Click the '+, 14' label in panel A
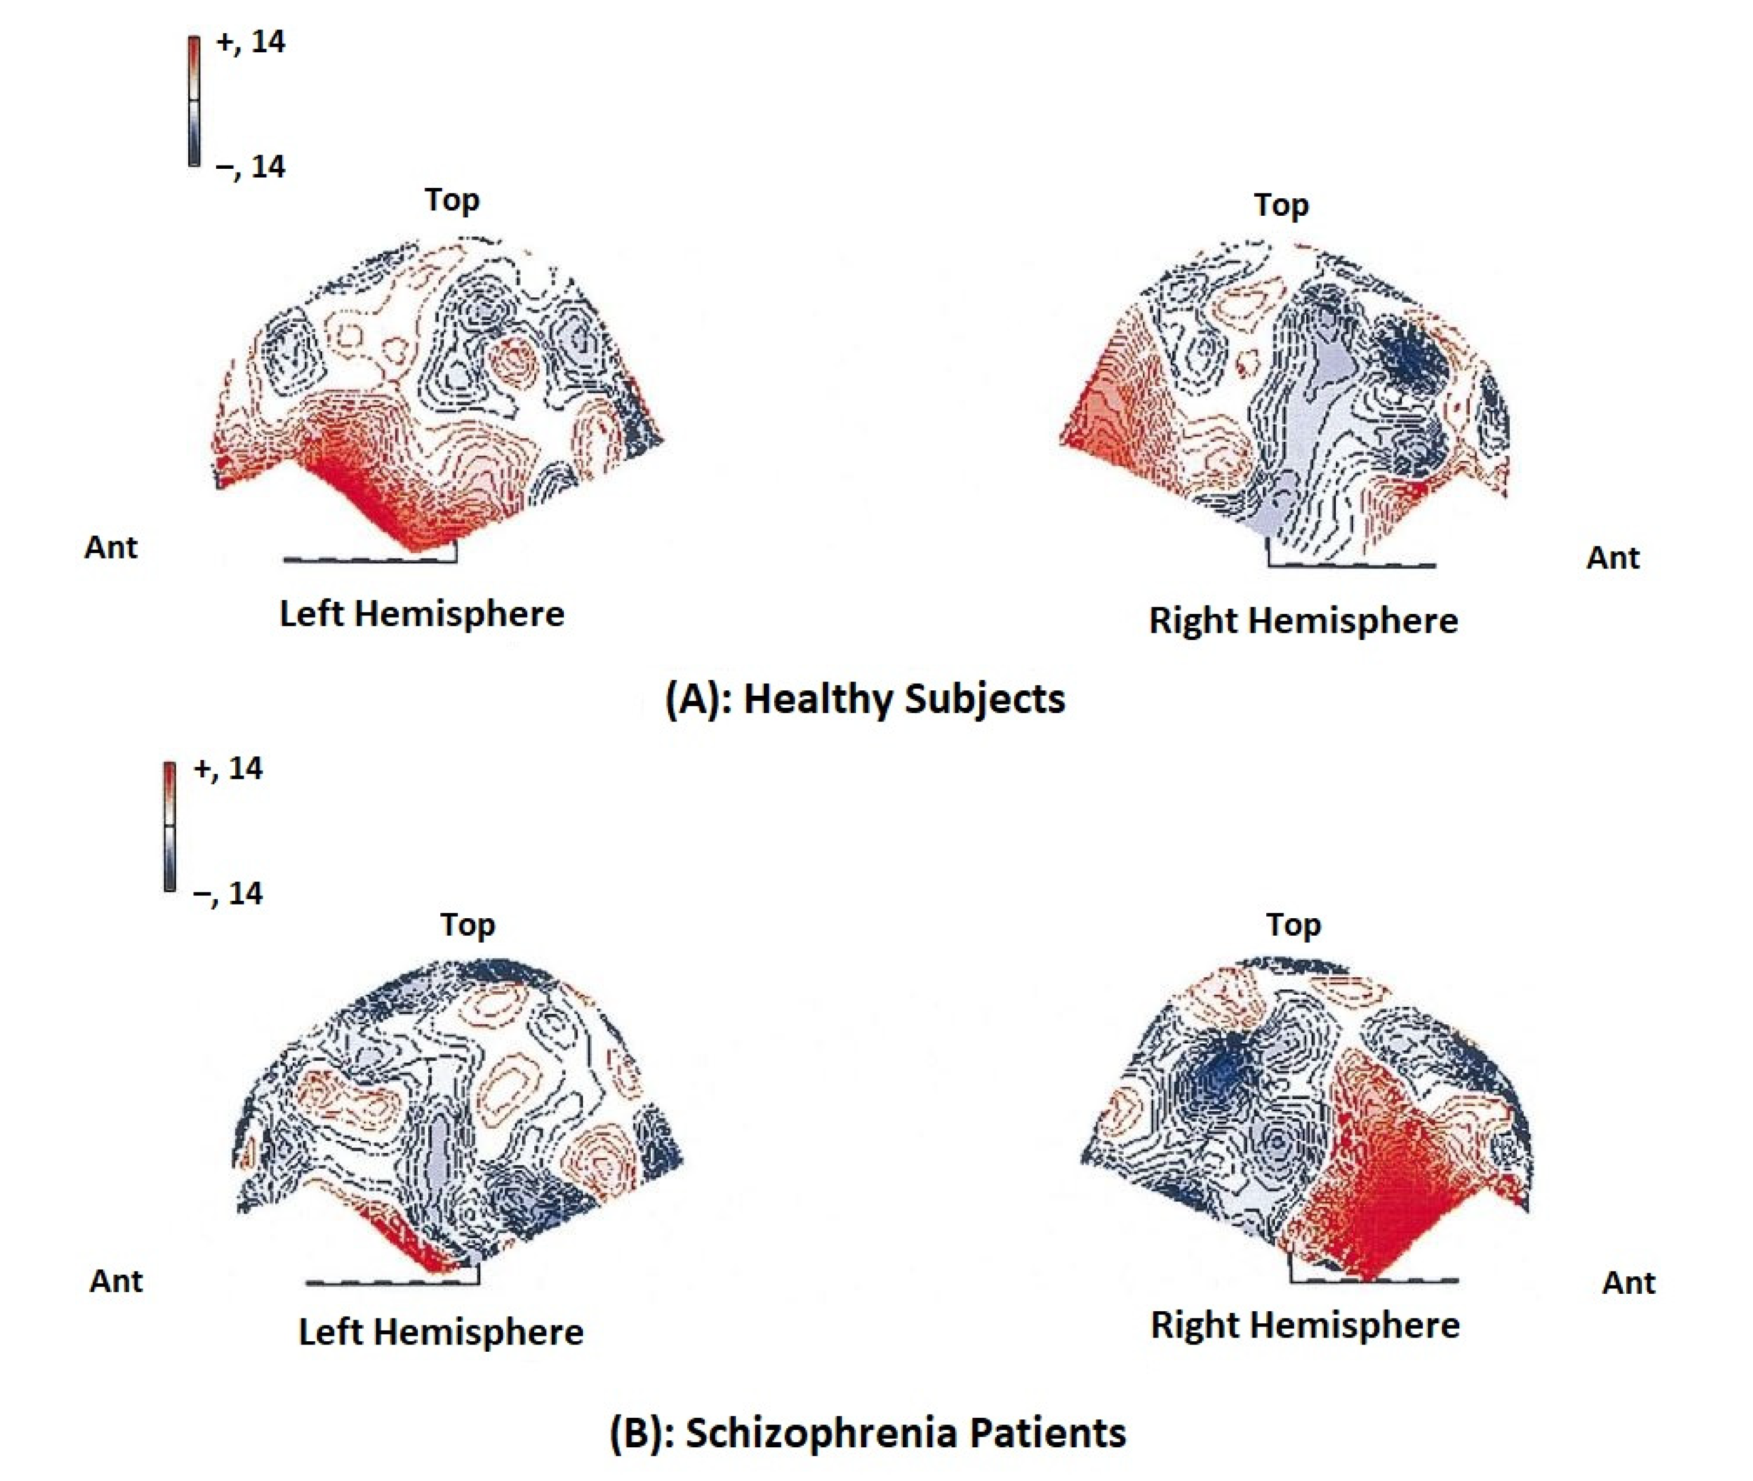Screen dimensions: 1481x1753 coord(250,42)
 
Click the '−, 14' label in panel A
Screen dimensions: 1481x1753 coord(250,167)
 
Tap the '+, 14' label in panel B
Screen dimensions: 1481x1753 coord(227,768)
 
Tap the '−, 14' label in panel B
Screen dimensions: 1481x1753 coord(227,893)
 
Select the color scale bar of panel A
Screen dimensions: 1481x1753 coord(194,101)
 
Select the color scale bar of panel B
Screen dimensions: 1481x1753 coord(170,826)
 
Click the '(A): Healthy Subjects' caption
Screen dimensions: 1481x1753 coord(865,698)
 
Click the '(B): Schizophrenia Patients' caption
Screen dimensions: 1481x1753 coord(867,1432)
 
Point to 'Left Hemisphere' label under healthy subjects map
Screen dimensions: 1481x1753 coord(421,614)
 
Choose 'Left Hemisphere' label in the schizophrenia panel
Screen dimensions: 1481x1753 coord(441,1332)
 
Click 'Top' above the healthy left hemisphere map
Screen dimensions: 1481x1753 coord(451,200)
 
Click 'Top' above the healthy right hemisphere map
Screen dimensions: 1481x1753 coord(1281,205)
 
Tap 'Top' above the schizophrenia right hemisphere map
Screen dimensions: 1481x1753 coord(1293,925)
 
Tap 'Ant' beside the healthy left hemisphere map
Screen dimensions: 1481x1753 coord(111,547)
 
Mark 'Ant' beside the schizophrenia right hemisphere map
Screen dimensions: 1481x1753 coord(1629,1283)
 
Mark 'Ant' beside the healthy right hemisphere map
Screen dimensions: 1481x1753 coord(1613,557)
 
